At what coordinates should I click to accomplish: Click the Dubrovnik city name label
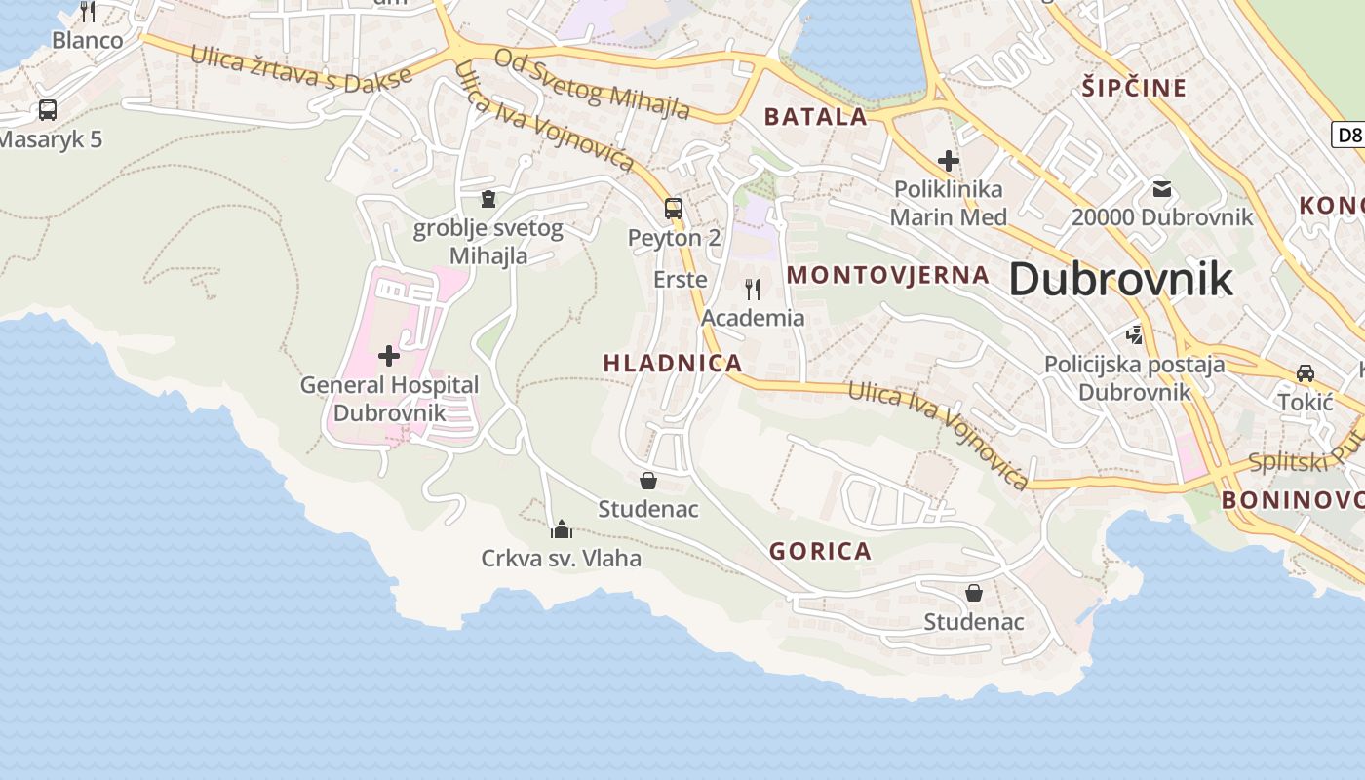pos(1120,279)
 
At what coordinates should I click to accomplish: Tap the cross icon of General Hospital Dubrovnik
pos(389,356)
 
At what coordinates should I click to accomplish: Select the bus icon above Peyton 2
pos(674,208)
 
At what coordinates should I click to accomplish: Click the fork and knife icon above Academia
pos(752,289)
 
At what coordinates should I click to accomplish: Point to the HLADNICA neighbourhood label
pos(673,363)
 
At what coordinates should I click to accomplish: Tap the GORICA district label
pos(820,551)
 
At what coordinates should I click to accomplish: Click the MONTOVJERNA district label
pos(887,275)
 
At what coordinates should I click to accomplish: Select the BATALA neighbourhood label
pos(815,117)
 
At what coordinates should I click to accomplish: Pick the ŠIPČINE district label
pos(1134,88)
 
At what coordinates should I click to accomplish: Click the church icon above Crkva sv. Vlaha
pos(561,529)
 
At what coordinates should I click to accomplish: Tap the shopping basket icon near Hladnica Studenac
pos(647,480)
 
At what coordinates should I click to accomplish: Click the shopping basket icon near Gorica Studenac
pos(973,592)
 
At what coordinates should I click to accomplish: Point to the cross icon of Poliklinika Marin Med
pos(948,160)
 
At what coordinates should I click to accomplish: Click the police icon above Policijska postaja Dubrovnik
pos(1134,335)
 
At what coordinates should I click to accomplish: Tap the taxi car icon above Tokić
pos(1305,372)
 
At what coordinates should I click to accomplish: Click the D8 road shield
pos(1348,135)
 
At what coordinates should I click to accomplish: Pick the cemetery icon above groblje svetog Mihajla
pos(487,199)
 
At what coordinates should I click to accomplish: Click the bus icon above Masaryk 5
pos(47,110)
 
